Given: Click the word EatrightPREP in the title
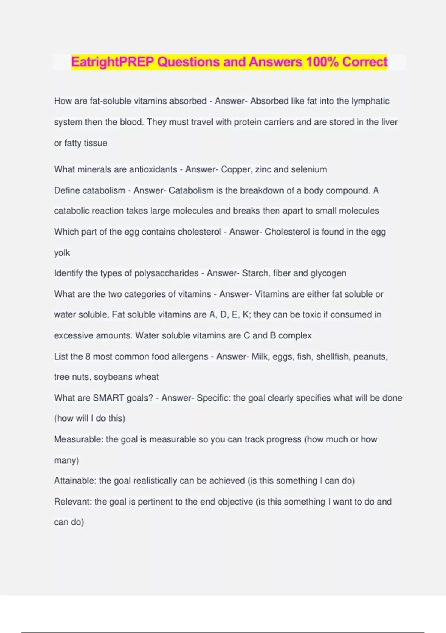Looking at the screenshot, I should tap(112, 62).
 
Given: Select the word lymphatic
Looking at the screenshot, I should tap(370, 101).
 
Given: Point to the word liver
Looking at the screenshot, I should tap(389, 122).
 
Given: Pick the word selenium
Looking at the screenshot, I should tap(309, 169).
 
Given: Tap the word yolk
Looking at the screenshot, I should tap(62, 253).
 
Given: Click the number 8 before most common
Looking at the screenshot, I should tap(88, 356).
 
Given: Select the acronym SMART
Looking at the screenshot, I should tap(108, 398).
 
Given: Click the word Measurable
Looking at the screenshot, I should tap(78, 439).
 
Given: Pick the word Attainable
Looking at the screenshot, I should tap(75, 481).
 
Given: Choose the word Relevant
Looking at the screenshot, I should tap(73, 502).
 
